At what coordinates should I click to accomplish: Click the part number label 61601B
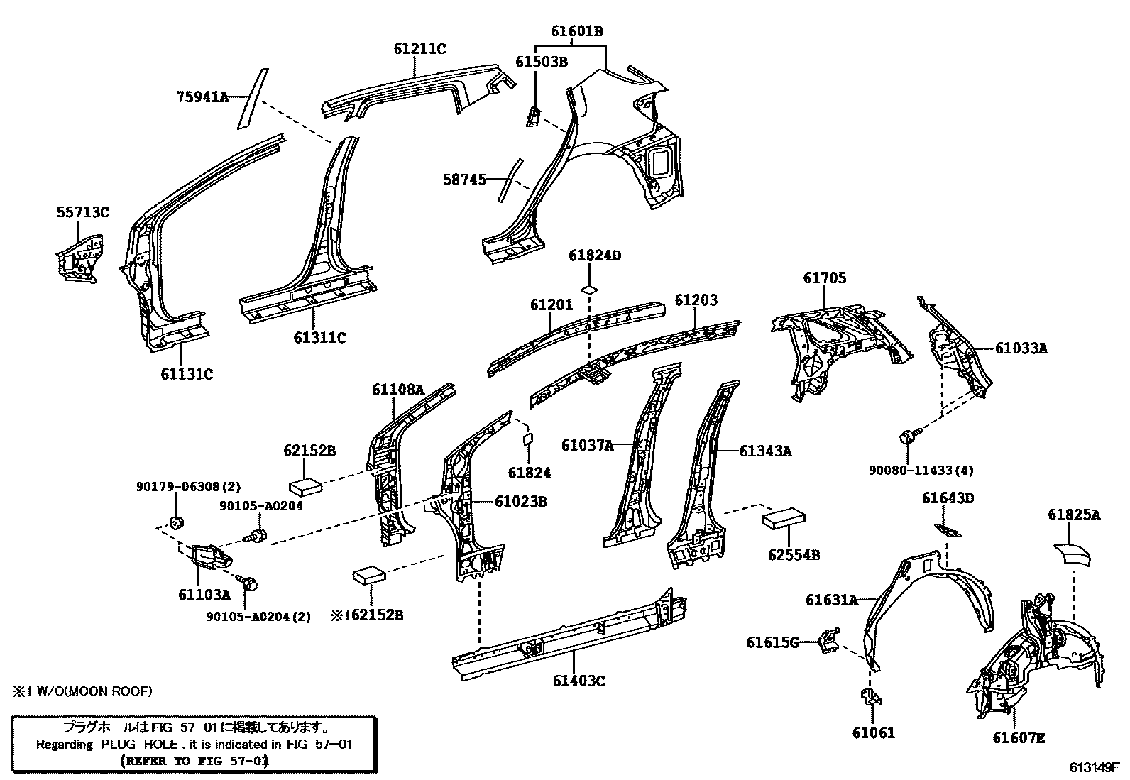click(576, 31)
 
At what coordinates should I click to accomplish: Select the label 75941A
click(202, 97)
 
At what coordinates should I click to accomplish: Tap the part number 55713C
click(83, 212)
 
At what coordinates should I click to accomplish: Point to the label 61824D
click(595, 256)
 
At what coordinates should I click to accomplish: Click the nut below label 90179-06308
click(175, 522)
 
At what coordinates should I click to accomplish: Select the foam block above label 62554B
click(783, 519)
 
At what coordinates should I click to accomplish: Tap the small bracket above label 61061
click(872, 696)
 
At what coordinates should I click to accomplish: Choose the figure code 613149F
click(1094, 767)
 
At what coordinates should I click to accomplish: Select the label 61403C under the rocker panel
click(578, 681)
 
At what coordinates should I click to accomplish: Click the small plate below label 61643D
click(948, 530)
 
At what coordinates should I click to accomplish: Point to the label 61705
click(825, 278)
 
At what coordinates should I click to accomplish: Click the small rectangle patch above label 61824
click(527, 439)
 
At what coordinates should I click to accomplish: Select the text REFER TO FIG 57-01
click(194, 761)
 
